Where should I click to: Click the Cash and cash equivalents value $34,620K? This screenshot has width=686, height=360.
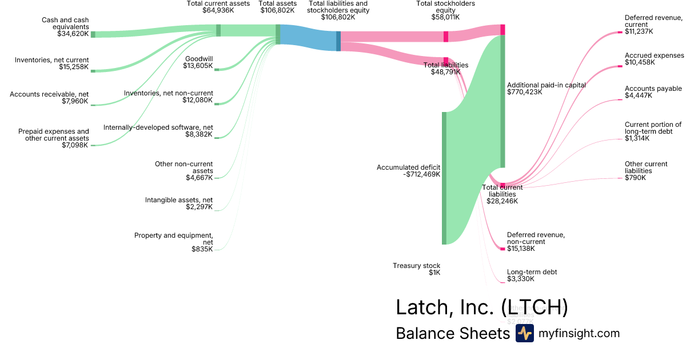click(73, 34)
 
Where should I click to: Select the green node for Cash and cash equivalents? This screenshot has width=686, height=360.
click(93, 34)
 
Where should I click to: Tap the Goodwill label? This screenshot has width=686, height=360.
click(199, 58)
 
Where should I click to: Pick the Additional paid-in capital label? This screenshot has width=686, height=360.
click(546, 85)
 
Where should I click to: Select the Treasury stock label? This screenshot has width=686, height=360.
click(416, 265)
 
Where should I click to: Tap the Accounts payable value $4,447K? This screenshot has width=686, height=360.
click(638, 95)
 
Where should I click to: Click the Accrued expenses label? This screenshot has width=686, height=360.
click(654, 55)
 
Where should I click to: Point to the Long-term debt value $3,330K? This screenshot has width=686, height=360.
click(520, 279)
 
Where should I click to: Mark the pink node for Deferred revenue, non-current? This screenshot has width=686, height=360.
click(502, 249)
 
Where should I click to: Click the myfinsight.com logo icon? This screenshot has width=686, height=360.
click(524, 333)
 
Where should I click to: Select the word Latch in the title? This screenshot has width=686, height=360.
click(421, 307)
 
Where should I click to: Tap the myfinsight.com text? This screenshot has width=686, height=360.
click(579, 333)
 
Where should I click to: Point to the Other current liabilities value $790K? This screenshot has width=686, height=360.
click(635, 178)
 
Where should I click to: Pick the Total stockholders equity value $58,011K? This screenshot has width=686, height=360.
click(445, 18)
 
